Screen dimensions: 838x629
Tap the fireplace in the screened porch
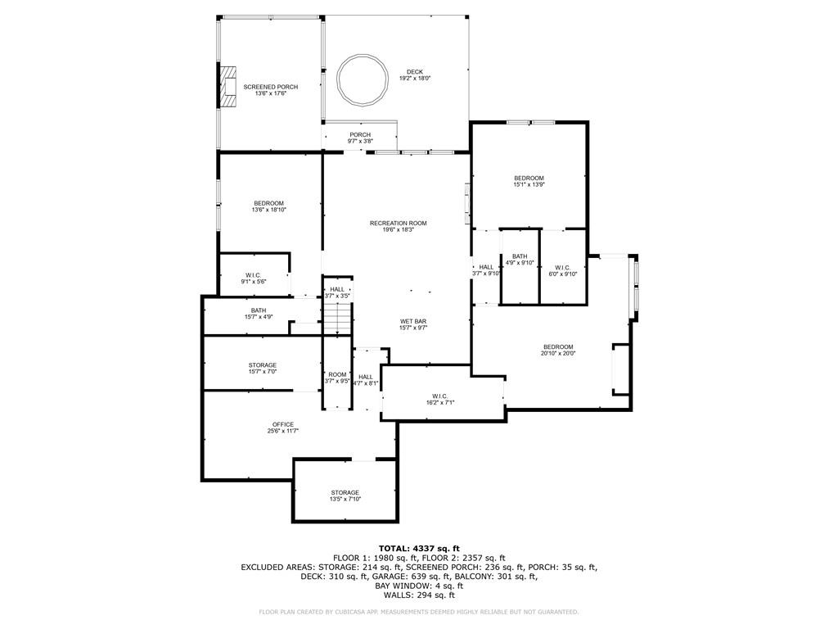(x=229, y=87)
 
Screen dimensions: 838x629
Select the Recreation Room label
(x=399, y=223)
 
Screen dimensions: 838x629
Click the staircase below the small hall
(x=337, y=318)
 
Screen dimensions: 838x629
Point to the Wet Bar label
(x=413, y=321)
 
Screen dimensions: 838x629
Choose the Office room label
(x=282, y=425)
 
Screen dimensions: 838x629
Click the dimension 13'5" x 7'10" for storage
(x=345, y=499)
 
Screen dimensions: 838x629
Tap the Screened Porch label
(x=270, y=87)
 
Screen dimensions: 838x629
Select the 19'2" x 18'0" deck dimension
(x=415, y=78)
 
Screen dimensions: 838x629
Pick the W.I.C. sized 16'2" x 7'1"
(x=439, y=399)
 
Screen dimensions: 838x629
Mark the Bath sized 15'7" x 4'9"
(x=259, y=314)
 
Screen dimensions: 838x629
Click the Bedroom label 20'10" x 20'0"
(x=558, y=350)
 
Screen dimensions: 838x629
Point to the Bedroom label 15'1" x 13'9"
(x=529, y=181)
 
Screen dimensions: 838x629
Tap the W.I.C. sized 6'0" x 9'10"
(x=563, y=270)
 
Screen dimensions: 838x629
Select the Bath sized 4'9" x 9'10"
(x=520, y=260)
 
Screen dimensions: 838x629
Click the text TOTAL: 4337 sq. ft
(x=419, y=548)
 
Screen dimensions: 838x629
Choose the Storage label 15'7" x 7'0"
(x=263, y=368)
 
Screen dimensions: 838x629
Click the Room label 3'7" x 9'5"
(x=337, y=378)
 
